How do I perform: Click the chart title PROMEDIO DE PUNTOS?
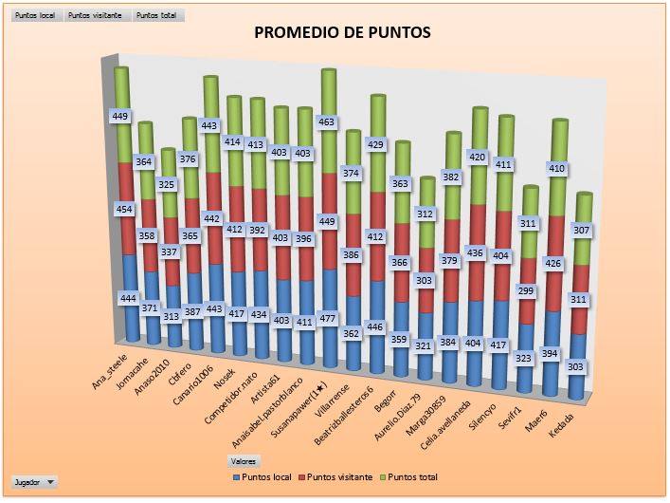(x=343, y=33)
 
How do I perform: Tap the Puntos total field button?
(x=157, y=16)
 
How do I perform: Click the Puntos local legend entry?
(x=262, y=476)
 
